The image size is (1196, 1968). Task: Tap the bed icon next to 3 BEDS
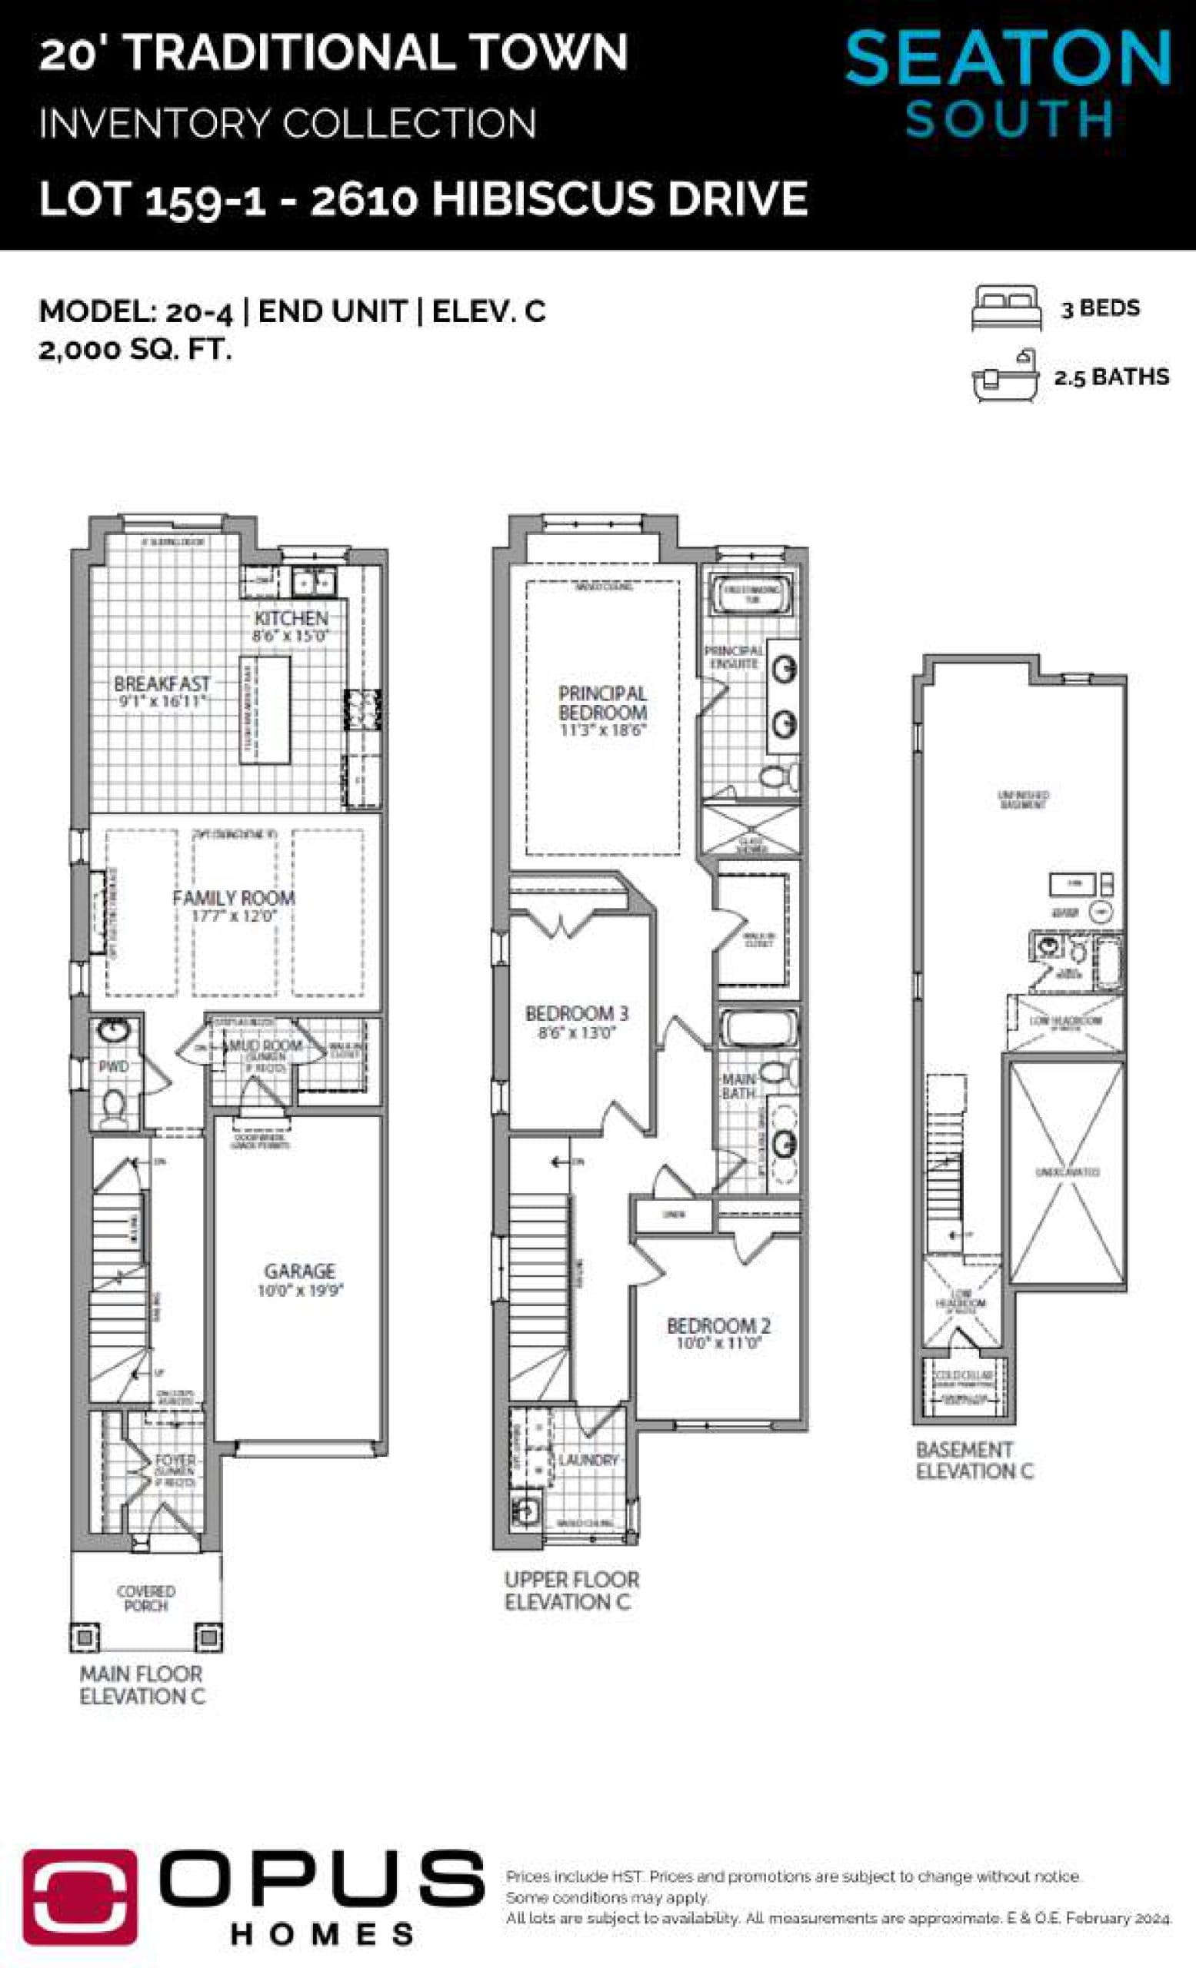(x=1006, y=307)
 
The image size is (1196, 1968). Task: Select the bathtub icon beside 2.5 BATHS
(x=1004, y=376)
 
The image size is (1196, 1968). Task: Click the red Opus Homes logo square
(x=79, y=1895)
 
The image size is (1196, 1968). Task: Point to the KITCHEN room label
(x=291, y=617)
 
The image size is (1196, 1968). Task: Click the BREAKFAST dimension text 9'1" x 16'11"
(x=162, y=700)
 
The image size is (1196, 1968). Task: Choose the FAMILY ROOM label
(x=233, y=898)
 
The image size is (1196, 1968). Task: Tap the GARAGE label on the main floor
(x=300, y=1270)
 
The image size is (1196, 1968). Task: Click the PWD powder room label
(x=114, y=1066)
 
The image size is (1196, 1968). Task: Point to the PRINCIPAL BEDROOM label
(x=602, y=703)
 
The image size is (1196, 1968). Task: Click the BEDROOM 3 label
(x=576, y=1012)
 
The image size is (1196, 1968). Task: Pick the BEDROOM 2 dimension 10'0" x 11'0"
(x=719, y=1344)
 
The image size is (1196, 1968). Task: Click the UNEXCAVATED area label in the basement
(x=1068, y=1172)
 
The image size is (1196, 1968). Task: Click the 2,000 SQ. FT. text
(x=135, y=350)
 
